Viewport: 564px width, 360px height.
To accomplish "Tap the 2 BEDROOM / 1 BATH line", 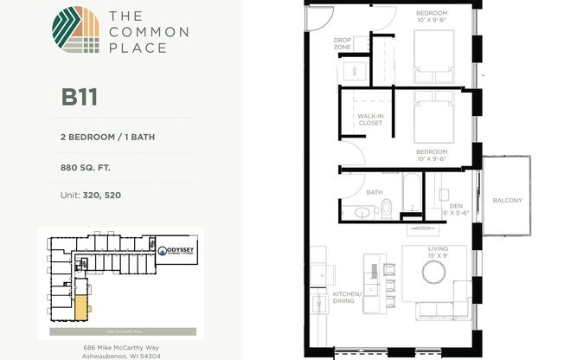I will point(107,137).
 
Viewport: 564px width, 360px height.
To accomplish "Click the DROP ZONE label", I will point(342,43).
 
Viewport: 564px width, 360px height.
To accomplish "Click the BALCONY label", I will point(508,200).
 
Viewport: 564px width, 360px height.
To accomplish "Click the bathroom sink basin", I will point(361,211).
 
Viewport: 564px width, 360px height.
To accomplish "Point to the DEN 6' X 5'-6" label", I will point(456,209).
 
